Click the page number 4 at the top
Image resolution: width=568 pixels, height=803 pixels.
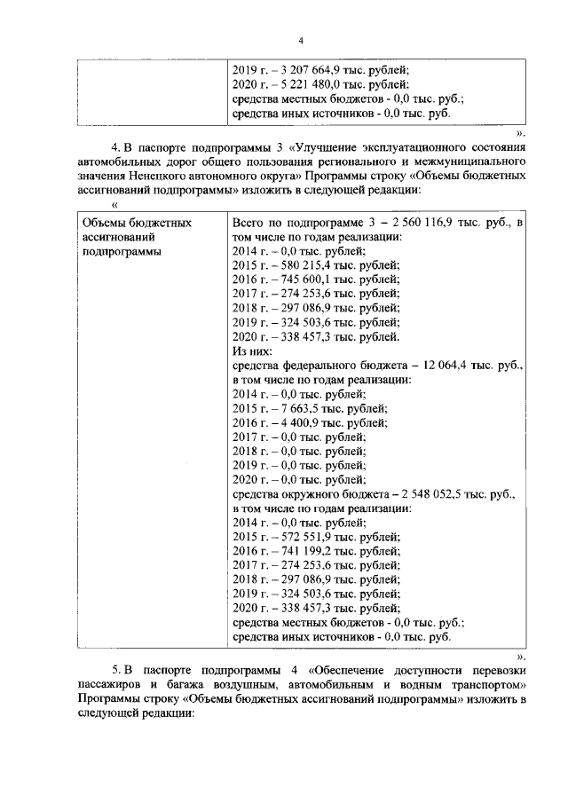301,41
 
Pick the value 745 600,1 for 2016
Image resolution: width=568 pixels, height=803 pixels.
304,279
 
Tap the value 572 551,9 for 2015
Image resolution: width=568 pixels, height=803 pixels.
304,537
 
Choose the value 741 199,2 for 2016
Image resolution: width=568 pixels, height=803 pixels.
304,551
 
